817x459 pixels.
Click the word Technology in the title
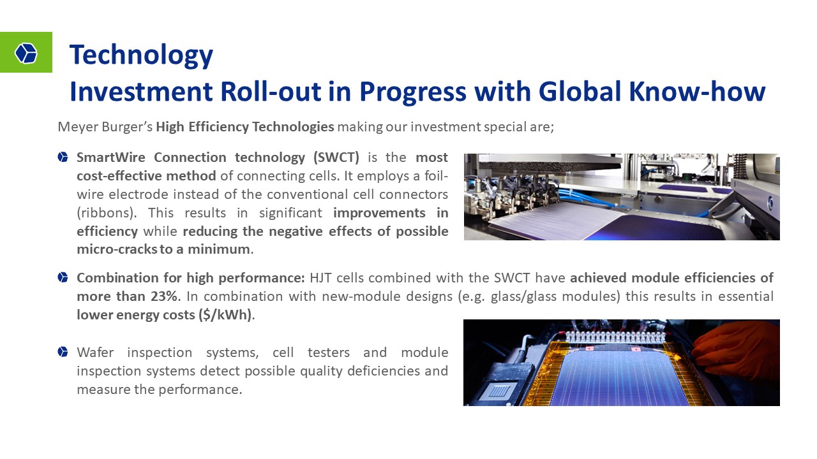coord(141,55)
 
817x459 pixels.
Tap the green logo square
coord(26,52)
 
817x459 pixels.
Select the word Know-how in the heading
coord(697,91)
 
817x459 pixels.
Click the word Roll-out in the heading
coord(271,91)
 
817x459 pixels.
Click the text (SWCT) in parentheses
coord(336,157)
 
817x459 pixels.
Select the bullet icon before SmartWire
coord(63,157)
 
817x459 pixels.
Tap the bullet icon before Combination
coord(63,277)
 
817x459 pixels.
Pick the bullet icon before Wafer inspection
coord(63,352)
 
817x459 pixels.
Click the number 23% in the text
coord(164,296)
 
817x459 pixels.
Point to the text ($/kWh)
coord(225,315)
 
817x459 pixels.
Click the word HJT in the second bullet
coord(320,277)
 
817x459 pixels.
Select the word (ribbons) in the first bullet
coord(105,213)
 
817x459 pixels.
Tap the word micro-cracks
coord(117,249)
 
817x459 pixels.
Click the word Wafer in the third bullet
coord(95,353)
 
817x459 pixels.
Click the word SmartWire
coord(111,157)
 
